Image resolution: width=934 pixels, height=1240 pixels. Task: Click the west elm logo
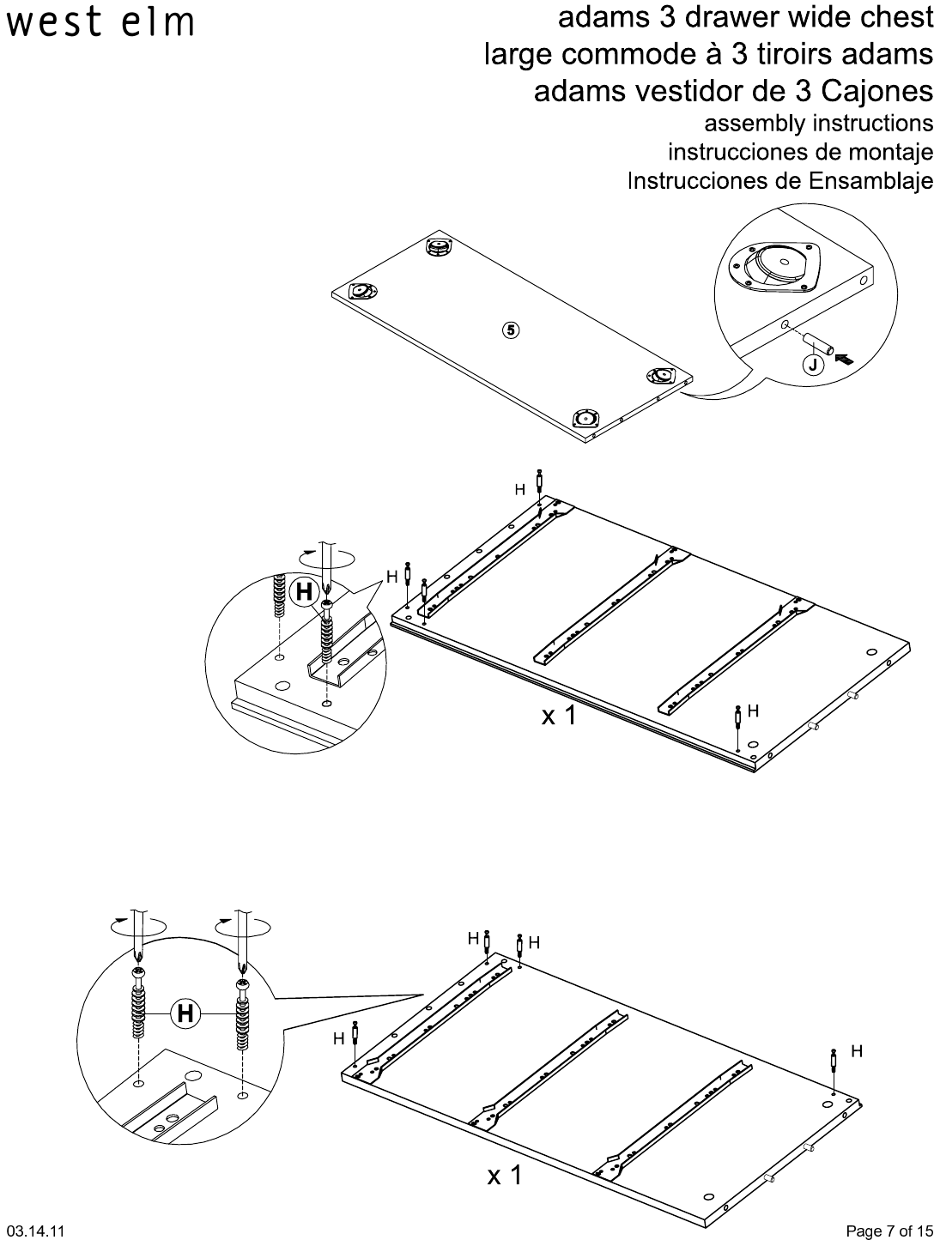100,23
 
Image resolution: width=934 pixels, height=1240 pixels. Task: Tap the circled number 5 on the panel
511,330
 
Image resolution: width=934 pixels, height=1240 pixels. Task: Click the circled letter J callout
813,365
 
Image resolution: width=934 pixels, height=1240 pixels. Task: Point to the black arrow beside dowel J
846,358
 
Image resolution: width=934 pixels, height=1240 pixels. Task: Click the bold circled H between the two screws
185,1013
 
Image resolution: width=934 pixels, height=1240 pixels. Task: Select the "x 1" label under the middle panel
559,715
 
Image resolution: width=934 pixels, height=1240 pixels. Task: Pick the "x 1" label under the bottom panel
504,1175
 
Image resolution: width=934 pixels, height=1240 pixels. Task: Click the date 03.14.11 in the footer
35,1231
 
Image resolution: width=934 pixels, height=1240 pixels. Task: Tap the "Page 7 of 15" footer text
889,1231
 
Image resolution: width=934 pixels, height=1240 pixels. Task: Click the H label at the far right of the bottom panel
856,1050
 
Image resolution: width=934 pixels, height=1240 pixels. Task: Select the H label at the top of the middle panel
520,489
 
